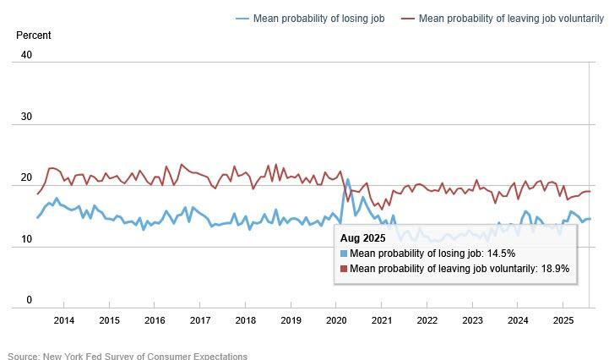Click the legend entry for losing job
tap(318, 19)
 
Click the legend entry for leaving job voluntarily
tap(506, 19)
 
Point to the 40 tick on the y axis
tap(26, 56)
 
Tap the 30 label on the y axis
tap(26, 117)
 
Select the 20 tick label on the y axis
tap(26, 179)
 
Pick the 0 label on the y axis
tap(29, 300)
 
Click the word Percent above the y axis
tap(34, 35)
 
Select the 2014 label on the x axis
tap(63, 320)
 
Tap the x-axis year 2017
tap(200, 320)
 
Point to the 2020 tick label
tap(336, 320)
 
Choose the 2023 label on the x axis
tap(473, 320)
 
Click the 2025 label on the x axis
tap(563, 320)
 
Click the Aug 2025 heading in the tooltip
tap(363, 238)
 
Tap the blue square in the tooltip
tap(344, 253)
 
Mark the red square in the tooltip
tap(344, 268)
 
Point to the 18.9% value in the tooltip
tap(552, 268)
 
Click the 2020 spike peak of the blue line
tap(347, 179)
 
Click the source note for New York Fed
tap(127, 356)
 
